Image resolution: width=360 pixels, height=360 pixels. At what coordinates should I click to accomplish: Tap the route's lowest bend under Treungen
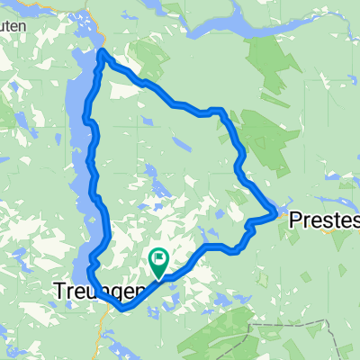point(123,308)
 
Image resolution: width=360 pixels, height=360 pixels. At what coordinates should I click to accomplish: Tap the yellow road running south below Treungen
point(96,333)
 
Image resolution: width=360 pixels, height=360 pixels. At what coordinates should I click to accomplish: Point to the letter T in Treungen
point(59,292)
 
